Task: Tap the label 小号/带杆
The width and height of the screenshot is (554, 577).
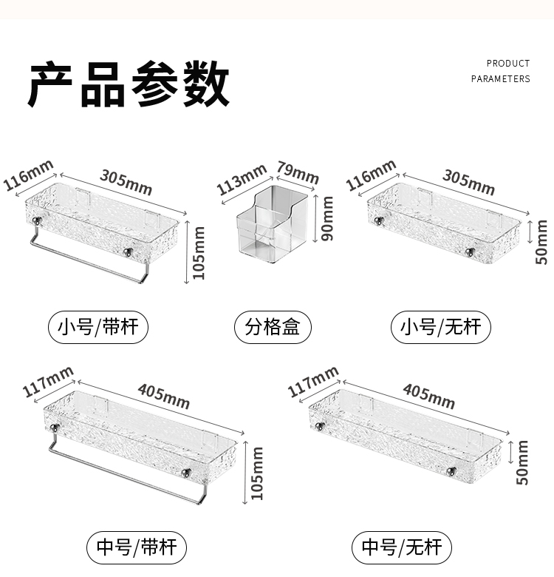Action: pos(99,326)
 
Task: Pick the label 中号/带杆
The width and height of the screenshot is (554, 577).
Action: pos(137,547)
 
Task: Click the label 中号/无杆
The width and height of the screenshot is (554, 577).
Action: pos(402,547)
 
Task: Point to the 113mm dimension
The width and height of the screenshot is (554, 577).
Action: pos(241,180)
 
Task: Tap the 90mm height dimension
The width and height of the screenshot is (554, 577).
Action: pos(327,218)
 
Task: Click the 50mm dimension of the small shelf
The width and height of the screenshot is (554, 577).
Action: pos(541,244)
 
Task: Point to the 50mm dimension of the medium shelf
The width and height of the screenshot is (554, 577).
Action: pos(523,462)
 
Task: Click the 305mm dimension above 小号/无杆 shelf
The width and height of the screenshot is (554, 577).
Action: pos(468,181)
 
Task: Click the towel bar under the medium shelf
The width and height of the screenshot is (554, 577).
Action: pos(126,473)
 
